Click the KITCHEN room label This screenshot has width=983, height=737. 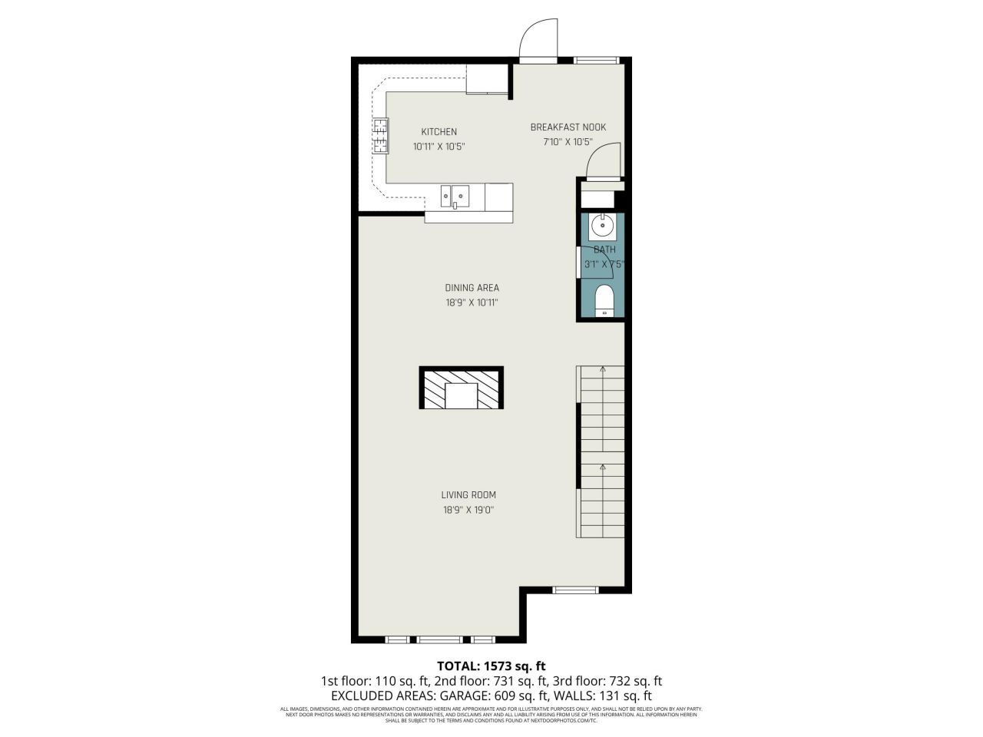[439, 132]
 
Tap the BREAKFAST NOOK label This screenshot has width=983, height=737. [568, 127]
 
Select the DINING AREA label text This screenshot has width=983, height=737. [472, 288]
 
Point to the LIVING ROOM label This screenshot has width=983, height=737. [468, 495]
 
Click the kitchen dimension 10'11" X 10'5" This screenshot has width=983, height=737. [439, 146]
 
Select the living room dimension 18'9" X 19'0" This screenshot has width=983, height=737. [468, 510]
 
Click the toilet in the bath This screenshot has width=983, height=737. [604, 300]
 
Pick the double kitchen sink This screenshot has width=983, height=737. [455, 197]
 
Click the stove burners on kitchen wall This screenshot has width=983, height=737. [381, 136]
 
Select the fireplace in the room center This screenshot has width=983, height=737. [462, 388]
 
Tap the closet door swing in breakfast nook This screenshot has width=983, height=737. [603, 162]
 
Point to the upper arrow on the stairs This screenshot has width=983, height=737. [603, 370]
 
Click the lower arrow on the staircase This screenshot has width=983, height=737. [603, 466]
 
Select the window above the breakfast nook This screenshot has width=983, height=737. [597, 60]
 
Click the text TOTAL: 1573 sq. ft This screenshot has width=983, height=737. [491, 666]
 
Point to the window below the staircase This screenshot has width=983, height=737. [575, 590]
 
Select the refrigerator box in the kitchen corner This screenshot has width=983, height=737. [487, 79]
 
